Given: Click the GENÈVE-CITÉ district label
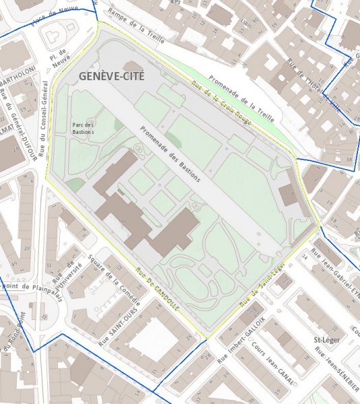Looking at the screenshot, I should coord(112,77).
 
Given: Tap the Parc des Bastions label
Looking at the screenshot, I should coord(84,128).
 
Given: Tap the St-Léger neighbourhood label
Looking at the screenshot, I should coord(328,340).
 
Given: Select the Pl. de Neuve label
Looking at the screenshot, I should coord(60,57).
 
